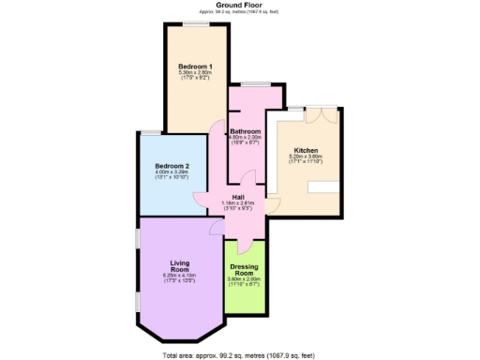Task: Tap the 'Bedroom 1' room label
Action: coord(196,66)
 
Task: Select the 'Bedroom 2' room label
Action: coord(172,166)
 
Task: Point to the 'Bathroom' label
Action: coord(246,130)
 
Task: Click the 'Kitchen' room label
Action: coord(307,150)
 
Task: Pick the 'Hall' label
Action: coord(239,196)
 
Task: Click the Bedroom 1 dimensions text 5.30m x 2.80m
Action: coord(196,73)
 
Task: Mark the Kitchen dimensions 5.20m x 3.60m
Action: coord(307,157)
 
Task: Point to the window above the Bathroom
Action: coord(253,85)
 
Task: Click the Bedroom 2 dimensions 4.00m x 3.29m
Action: coord(172,172)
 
